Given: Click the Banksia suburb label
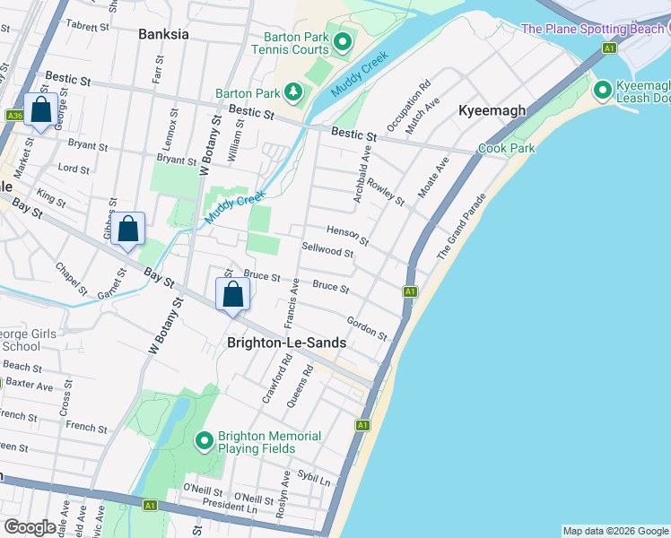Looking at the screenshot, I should pos(164,35).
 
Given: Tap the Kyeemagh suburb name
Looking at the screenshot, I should pos(492,110).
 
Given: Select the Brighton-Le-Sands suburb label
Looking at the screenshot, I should pos(287,343).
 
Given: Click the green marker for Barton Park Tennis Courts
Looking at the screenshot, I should pos(342,42).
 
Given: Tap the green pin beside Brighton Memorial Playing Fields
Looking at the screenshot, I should pos(205,441).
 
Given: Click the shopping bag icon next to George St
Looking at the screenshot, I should pos(40,110).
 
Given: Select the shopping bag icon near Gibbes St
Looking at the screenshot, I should pos(128,229).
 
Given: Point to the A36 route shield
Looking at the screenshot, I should pos(14,116).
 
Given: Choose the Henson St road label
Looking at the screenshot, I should pos(347,235).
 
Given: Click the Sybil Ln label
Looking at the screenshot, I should pos(313,482).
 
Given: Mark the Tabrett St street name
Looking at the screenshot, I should pos(87,26).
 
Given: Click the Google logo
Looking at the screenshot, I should pos(30,527).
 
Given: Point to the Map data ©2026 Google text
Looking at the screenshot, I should pos(614,531).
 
